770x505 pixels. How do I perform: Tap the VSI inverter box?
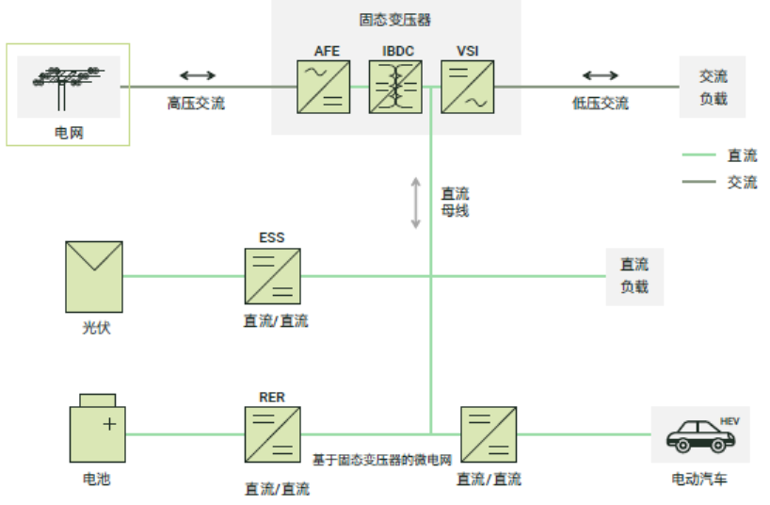click(x=468, y=88)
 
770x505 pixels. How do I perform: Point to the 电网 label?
click(x=69, y=133)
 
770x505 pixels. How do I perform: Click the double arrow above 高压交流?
click(x=198, y=75)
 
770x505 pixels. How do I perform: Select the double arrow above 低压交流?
click(x=601, y=75)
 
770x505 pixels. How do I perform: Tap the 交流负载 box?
click(x=713, y=87)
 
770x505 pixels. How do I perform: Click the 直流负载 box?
click(x=634, y=275)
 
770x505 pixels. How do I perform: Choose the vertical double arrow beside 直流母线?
click(x=415, y=202)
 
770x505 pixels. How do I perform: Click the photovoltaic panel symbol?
click(x=94, y=276)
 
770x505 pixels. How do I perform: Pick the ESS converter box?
click(x=272, y=276)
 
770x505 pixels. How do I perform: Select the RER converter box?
click(x=272, y=434)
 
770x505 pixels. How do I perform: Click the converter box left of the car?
click(x=488, y=434)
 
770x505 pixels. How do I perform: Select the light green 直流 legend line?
click(x=698, y=155)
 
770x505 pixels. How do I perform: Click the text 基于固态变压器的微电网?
click(x=382, y=460)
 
